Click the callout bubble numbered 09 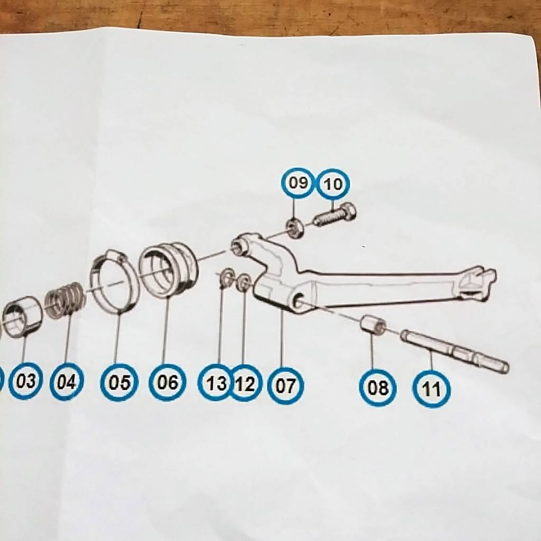point(297,183)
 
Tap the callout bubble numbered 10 point(333,184)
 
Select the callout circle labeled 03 point(25,381)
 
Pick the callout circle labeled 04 point(66,381)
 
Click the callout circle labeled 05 point(119,383)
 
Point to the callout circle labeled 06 point(167,383)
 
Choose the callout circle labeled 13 point(216,383)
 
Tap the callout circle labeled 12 point(245,384)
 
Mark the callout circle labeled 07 point(286,386)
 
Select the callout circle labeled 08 point(378,387)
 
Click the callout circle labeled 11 point(431,389)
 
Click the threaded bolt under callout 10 point(335,214)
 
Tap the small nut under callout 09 point(295,228)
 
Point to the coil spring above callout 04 point(64,300)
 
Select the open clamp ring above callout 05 point(114,281)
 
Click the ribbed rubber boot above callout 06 point(168,269)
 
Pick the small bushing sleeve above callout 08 point(373,325)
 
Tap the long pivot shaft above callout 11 point(454,351)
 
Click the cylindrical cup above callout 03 point(22,317)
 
